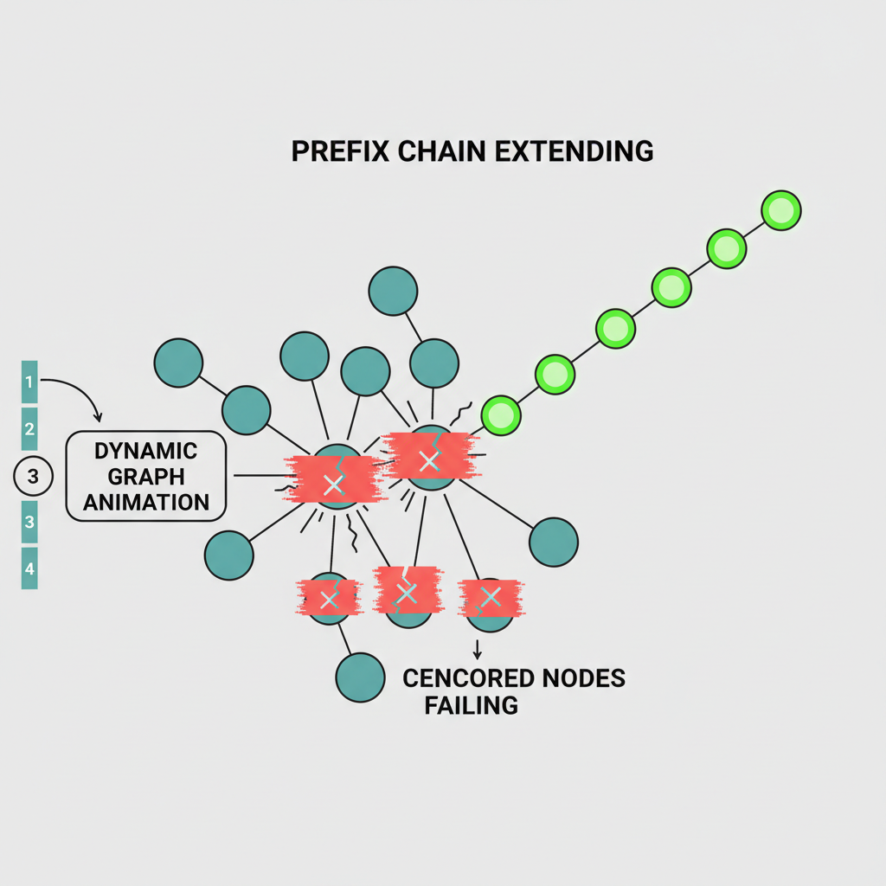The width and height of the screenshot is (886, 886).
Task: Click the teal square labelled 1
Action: pyautogui.click(x=29, y=382)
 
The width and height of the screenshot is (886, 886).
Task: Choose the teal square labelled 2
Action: pyautogui.click(x=29, y=428)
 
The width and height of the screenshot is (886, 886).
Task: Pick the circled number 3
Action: pyautogui.click(x=34, y=475)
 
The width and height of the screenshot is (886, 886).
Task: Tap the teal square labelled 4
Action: pyautogui.click(x=29, y=568)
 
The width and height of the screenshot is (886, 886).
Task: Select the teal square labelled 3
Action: pyautogui.click(x=29, y=522)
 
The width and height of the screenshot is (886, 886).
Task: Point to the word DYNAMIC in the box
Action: pyautogui.click(x=145, y=451)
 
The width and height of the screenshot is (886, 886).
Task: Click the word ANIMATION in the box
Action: pyautogui.click(x=145, y=501)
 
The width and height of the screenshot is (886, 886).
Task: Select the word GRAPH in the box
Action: pyautogui.click(x=145, y=476)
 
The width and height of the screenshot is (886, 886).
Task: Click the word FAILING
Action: pyautogui.click(x=471, y=704)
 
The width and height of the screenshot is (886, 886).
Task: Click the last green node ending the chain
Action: pyautogui.click(x=780, y=210)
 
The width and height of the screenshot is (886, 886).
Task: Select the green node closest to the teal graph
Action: pyautogui.click(x=501, y=415)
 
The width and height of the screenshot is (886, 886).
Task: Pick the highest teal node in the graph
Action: pyautogui.click(x=393, y=292)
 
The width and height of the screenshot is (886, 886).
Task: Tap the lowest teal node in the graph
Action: pyautogui.click(x=359, y=677)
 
